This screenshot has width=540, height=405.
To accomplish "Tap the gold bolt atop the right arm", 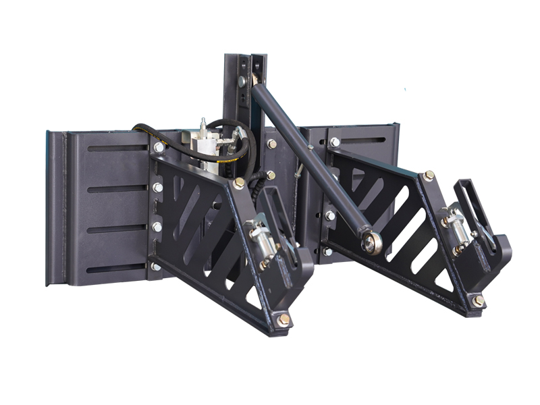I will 429,175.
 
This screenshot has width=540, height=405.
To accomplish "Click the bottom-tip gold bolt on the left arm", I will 283,319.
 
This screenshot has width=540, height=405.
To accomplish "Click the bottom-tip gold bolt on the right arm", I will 477,300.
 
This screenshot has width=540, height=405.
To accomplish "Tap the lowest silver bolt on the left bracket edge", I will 156,266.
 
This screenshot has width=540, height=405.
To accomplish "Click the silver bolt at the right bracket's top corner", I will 335,142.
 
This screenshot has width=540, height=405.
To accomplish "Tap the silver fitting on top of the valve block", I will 202,125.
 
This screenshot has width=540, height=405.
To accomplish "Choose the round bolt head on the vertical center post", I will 241,82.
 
